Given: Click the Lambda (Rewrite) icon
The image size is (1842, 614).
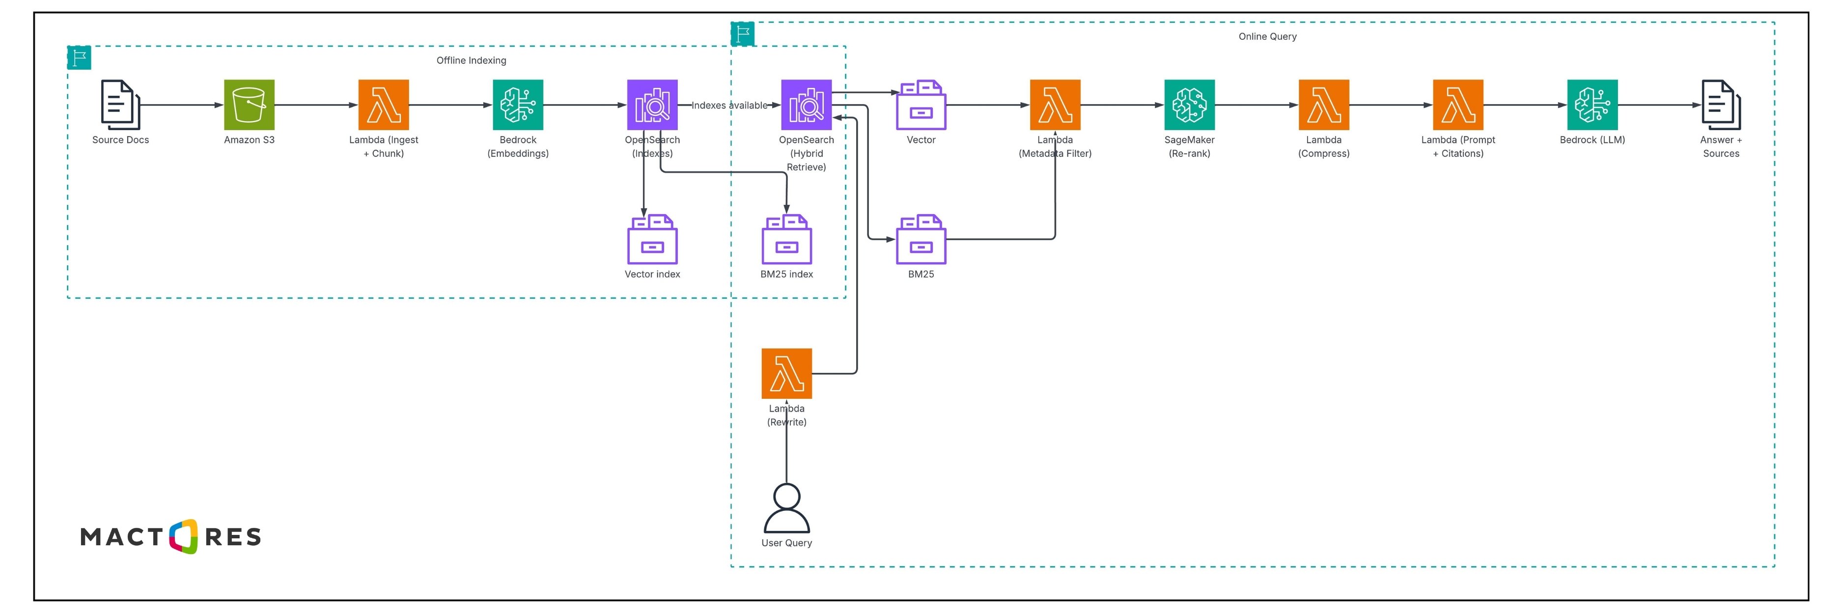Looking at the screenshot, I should point(786,373).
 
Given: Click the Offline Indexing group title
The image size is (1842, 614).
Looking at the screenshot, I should point(471,60).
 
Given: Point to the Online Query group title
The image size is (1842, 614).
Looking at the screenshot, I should point(1267,36).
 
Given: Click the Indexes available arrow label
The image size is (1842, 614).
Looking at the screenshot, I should point(728,105).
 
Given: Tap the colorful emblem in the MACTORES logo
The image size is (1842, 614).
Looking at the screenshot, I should point(184,536).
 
